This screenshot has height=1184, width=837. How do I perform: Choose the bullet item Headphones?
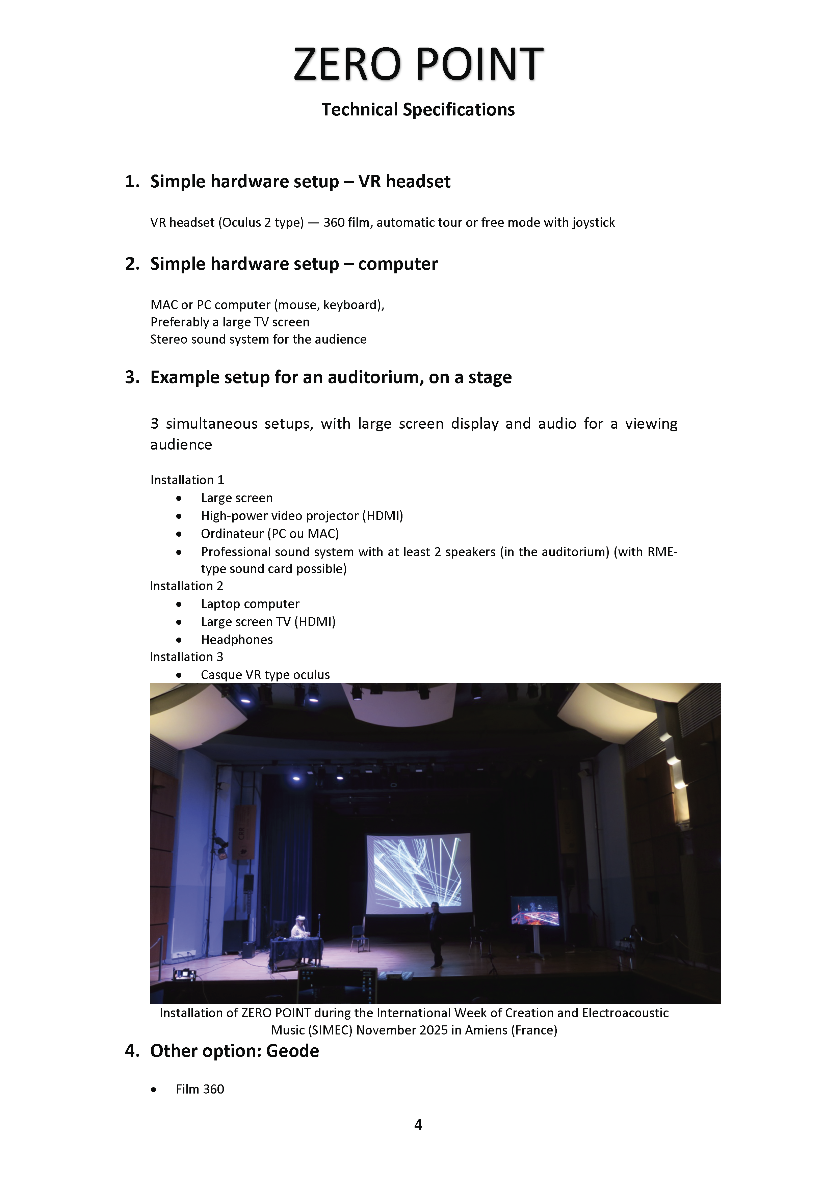click(x=237, y=640)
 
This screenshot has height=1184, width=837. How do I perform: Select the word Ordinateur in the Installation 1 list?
click(x=232, y=534)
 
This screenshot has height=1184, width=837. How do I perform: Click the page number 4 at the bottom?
click(x=418, y=1125)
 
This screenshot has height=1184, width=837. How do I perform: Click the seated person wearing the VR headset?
click(x=299, y=928)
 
